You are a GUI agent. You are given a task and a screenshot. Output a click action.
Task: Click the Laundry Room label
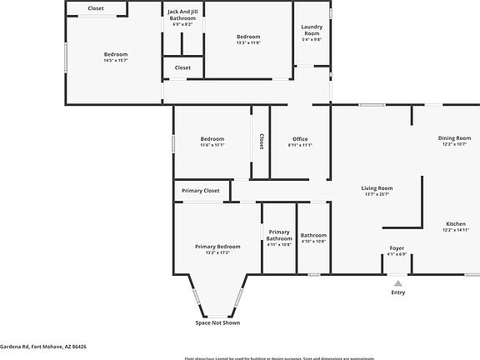(311, 29)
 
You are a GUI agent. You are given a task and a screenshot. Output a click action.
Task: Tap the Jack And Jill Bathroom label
(182, 15)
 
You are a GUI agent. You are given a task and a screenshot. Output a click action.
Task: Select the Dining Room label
(454, 137)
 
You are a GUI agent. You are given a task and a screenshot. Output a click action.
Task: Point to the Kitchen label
(455, 224)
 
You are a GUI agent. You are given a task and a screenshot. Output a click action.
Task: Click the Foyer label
(397, 248)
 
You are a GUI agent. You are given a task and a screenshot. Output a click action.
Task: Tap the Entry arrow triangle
(397, 283)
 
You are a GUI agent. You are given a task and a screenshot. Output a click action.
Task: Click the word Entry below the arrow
(397, 292)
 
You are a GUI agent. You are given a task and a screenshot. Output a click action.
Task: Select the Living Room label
(377, 188)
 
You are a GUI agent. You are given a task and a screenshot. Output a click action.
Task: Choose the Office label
(300, 138)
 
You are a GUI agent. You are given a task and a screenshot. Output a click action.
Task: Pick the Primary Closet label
(201, 191)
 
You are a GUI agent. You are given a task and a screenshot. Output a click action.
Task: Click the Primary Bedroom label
(217, 247)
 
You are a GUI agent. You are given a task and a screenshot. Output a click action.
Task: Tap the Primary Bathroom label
(279, 235)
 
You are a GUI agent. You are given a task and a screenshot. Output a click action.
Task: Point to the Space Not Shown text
(217, 322)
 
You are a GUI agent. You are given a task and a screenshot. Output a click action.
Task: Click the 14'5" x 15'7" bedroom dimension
(116, 60)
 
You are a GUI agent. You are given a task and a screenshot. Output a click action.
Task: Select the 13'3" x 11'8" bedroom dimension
(248, 42)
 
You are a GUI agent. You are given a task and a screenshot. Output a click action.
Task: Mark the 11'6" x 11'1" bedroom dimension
(212, 145)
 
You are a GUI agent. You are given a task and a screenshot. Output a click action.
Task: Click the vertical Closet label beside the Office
(261, 142)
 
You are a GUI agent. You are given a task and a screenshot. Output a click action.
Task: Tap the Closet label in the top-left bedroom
(96, 8)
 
